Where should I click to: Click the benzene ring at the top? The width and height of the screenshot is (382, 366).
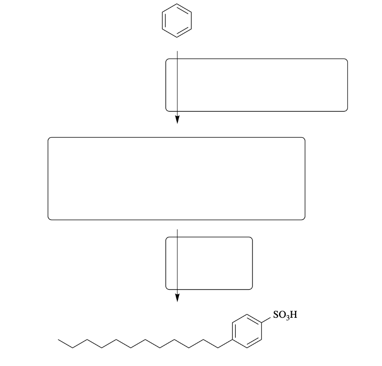coord(176,20)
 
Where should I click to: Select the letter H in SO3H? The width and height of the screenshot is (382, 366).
coord(294,315)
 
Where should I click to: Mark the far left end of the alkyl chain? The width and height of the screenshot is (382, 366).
coord(59,340)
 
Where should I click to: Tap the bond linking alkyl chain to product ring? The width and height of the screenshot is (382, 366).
coord(225,344)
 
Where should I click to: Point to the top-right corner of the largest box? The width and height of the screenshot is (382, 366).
coord(304,138)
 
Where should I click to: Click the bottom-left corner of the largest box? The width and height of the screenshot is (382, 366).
coord(49,219)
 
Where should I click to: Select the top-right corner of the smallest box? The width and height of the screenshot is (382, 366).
coord(252,238)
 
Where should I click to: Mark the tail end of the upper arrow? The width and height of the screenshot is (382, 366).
coord(177,51)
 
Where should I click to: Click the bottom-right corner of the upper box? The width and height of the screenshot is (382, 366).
coord(347,110)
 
